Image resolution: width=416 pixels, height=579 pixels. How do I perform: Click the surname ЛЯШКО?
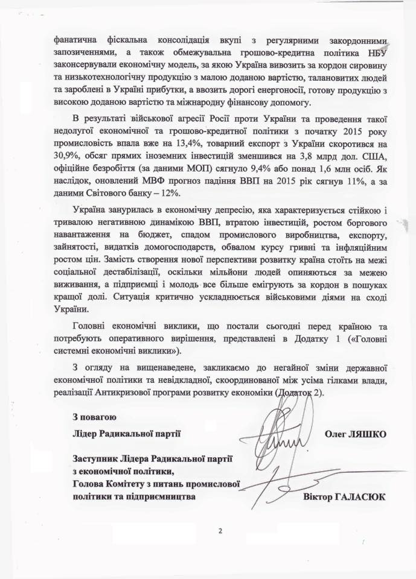pos(366,433)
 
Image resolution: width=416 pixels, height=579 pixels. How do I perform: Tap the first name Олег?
pos(334,433)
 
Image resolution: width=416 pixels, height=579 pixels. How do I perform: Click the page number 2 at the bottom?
pos(220,531)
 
